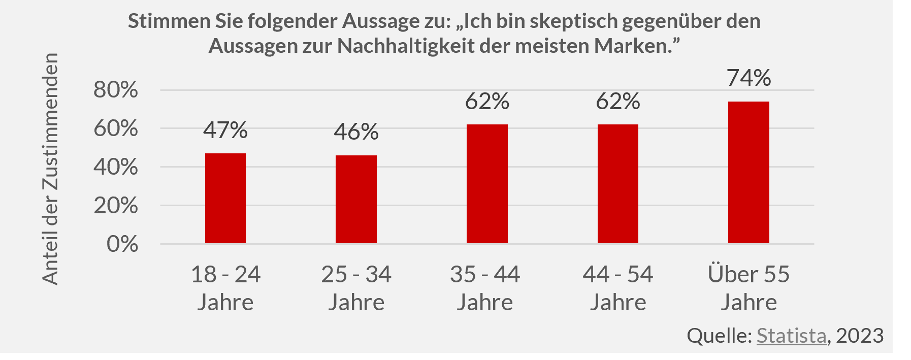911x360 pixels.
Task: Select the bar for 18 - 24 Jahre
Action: (x=225, y=198)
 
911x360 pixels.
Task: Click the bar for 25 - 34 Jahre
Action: (x=356, y=199)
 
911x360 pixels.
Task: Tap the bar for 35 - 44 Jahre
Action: (x=487, y=184)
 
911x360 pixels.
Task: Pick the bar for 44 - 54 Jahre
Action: (x=617, y=184)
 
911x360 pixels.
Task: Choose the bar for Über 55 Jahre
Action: (x=749, y=173)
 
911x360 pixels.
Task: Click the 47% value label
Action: (x=225, y=130)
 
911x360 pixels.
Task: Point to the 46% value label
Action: (x=356, y=132)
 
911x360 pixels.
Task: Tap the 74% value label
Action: (x=749, y=78)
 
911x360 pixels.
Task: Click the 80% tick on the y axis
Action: (x=116, y=90)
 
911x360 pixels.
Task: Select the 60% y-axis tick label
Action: (x=116, y=128)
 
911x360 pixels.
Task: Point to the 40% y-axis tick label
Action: (x=116, y=167)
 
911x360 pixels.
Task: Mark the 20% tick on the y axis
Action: (x=116, y=206)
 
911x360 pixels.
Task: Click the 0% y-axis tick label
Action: (x=122, y=244)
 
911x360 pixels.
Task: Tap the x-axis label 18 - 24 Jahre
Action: (x=225, y=288)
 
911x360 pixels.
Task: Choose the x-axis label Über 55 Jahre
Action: (x=749, y=288)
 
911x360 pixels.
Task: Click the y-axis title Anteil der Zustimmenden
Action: (x=50, y=169)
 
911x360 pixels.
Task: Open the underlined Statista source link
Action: (x=791, y=336)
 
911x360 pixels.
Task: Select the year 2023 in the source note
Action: (x=860, y=336)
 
